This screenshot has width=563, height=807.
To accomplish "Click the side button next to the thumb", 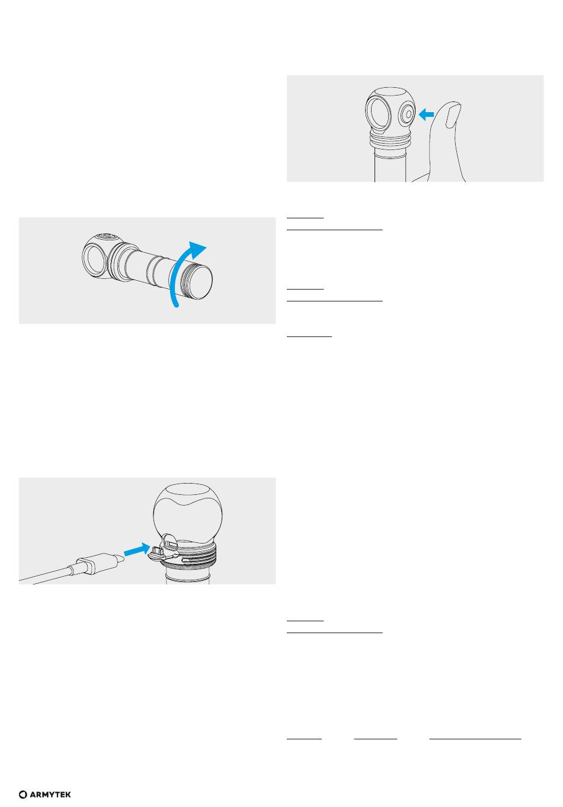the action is [x=407, y=114].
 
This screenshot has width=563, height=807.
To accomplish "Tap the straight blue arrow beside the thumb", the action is [x=426, y=115].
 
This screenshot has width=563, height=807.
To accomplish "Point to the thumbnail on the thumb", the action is [x=453, y=115].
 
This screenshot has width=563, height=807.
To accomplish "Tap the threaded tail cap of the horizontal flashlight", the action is [x=197, y=282].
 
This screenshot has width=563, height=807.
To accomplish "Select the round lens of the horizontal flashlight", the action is [x=94, y=259].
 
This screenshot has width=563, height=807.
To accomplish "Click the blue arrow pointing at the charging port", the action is [x=137, y=549].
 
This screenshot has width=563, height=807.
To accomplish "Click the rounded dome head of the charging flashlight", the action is [x=187, y=512].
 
